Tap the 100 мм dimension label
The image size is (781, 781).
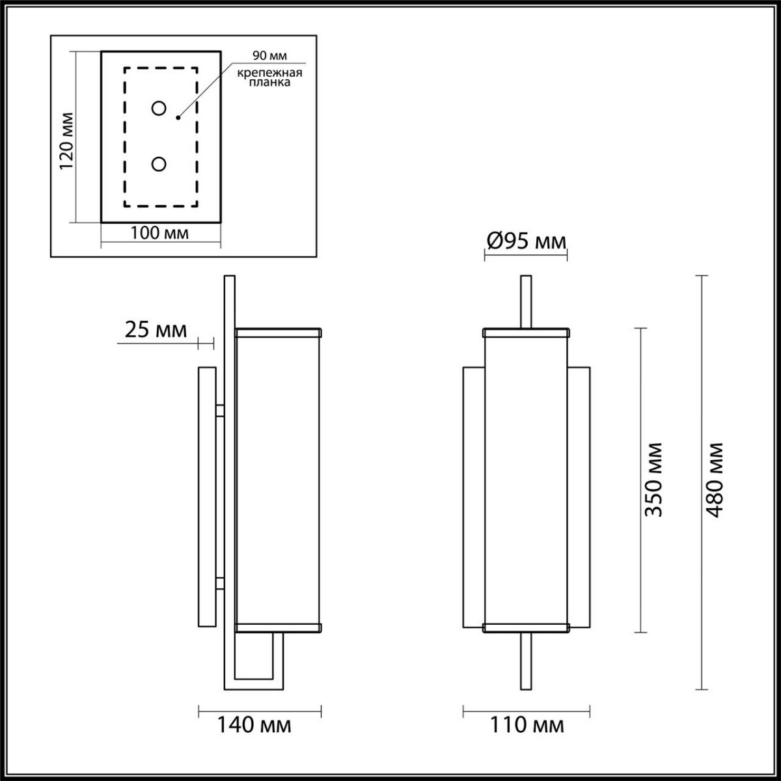pos(159,233)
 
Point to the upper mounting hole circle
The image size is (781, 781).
pos(158,108)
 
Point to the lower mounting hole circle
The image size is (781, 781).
pos(158,165)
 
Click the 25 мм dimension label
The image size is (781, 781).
pos(155,331)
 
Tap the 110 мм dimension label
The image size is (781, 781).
pos(526,724)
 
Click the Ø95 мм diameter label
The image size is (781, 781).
pos(526,242)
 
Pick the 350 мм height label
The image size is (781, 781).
pos(653,480)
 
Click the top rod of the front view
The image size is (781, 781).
pos(526,302)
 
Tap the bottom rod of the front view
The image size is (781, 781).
pos(526,661)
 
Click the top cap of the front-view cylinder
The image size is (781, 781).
pos(526,333)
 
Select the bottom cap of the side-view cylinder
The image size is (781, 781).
pos(279,627)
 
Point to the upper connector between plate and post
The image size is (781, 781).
pos(220,411)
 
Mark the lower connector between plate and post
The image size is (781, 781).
pos(220,582)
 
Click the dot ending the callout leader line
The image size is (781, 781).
pos(178,118)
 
